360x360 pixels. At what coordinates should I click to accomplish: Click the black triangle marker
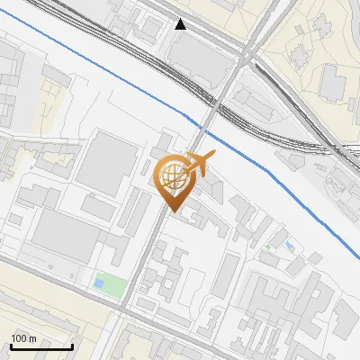181,24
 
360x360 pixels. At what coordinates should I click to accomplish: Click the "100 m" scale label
23,337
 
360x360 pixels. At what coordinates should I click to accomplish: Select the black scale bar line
41,346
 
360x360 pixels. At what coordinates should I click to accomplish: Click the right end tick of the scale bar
72,345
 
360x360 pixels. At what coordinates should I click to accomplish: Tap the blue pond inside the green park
99,283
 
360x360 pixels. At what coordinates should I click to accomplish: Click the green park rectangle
107,283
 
